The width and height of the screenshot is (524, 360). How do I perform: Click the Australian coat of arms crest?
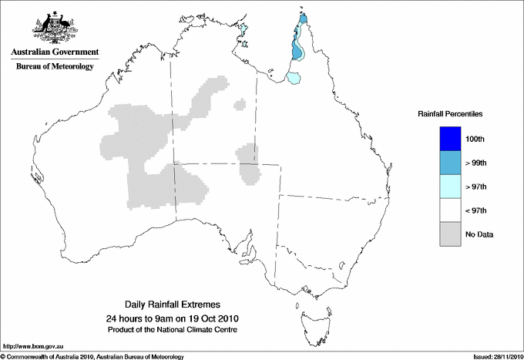(x=55, y=28)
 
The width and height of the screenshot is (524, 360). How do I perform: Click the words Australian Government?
(x=55, y=52)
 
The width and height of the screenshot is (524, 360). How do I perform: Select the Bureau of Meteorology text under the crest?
(x=55, y=67)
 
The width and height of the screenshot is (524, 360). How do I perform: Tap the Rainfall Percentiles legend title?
(x=450, y=114)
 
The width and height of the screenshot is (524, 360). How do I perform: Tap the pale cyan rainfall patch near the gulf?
(x=294, y=77)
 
